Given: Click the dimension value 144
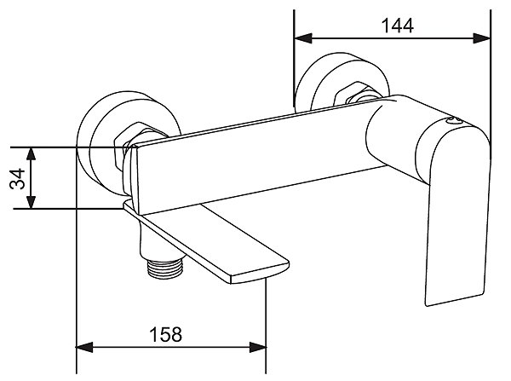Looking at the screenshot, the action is [398, 26].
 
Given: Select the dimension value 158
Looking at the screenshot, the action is [165, 334].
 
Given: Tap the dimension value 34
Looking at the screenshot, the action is [17, 179].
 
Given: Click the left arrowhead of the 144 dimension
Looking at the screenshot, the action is [302, 38].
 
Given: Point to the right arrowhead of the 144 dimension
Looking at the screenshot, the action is [481, 38].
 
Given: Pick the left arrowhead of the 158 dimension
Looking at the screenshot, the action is [84, 347].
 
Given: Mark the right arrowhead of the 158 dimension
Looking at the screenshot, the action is [258, 347].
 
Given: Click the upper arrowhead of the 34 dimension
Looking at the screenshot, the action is [31, 156].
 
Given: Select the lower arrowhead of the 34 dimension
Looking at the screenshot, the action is [31, 200].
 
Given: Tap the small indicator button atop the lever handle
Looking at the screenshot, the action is [454, 121].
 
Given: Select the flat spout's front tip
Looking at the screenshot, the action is [261, 274].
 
